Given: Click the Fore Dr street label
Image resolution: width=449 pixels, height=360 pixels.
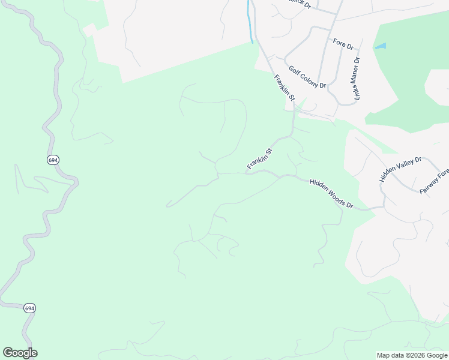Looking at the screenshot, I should click(343, 44).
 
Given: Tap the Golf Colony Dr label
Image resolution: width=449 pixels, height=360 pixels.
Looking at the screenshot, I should click(307, 77).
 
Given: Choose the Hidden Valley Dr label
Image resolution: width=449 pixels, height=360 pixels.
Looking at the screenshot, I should click(401, 170).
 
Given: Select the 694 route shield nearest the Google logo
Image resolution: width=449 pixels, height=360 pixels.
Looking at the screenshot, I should click(30, 308).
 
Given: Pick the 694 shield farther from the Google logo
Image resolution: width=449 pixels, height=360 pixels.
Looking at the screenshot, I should click(52, 160).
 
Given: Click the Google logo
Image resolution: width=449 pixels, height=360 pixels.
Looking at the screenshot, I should click(20, 353).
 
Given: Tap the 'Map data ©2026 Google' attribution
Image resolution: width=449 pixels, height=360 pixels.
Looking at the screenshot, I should click(412, 355).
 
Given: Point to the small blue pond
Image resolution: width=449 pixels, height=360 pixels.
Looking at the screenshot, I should click(381, 46).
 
